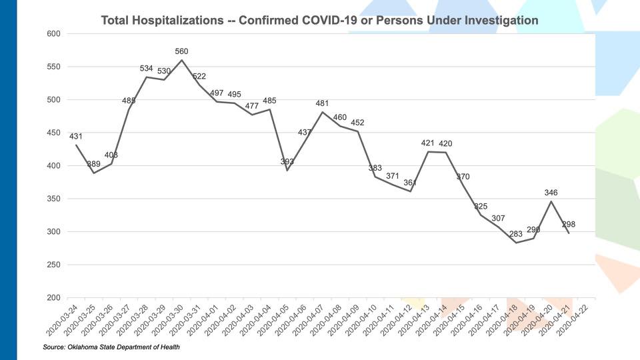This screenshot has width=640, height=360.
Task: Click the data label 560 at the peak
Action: [x=182, y=51]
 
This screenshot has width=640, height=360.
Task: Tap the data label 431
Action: [x=76, y=137]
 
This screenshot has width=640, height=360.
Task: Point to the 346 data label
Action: [x=551, y=193]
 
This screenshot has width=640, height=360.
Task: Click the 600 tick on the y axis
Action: [x=53, y=34]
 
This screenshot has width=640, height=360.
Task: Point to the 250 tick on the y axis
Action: [x=53, y=265]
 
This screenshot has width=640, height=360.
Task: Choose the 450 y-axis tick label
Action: [x=53, y=133]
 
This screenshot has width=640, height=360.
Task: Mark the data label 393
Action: [x=287, y=162]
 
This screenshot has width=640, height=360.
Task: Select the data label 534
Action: [x=147, y=69]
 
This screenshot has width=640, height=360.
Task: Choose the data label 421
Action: [x=428, y=143]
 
